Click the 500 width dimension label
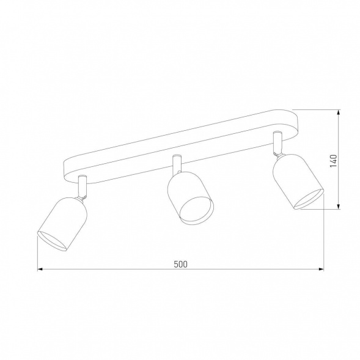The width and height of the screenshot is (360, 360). (x=179, y=264)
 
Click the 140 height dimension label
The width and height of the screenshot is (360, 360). (x=333, y=161)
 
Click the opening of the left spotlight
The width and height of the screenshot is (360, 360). (x=53, y=240)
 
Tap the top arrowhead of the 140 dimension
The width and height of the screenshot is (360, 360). (x=339, y=113)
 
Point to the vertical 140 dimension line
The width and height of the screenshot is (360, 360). (x=339, y=183)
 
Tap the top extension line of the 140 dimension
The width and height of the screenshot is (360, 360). (x=318, y=110)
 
